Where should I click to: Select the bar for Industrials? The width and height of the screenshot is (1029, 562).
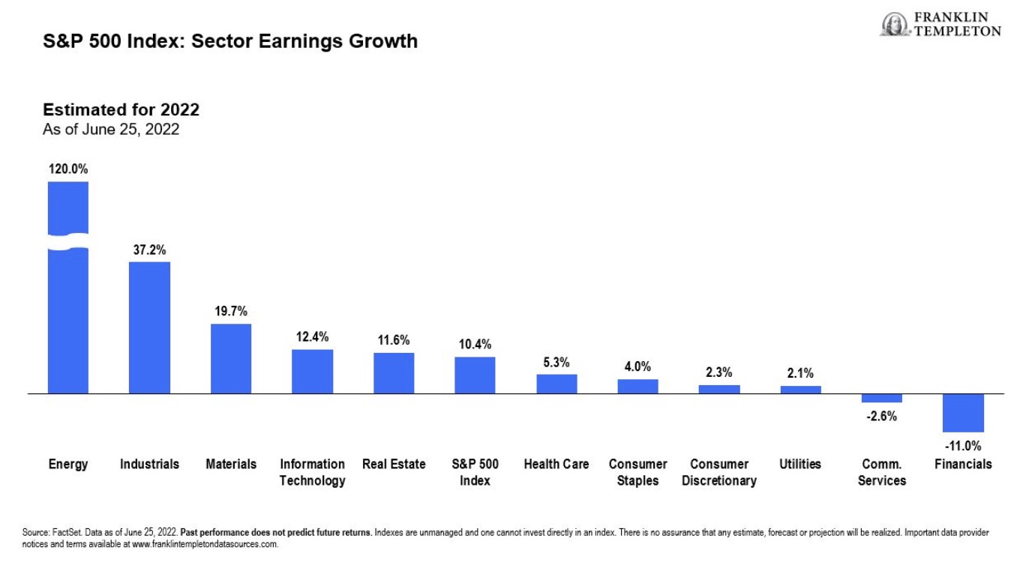[x=149, y=327]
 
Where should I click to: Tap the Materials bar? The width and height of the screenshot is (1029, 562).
[x=231, y=358]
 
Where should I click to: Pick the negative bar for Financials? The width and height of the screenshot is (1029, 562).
[x=963, y=413]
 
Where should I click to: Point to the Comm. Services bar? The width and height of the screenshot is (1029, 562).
[x=881, y=398]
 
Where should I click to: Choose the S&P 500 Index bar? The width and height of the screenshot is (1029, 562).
[x=475, y=375]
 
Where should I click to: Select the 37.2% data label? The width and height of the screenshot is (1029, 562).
[x=149, y=250]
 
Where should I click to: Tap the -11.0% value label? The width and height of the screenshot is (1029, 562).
[x=963, y=445]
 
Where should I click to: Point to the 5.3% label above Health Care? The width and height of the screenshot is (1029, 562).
[x=556, y=363]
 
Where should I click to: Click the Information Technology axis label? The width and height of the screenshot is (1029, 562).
[x=312, y=472]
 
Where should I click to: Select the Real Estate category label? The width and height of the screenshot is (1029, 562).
[x=394, y=465]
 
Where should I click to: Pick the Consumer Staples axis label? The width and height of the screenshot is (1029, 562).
[x=637, y=472]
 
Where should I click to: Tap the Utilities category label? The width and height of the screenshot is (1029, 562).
[x=800, y=465]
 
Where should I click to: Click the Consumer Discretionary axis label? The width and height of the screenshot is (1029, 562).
[x=719, y=472]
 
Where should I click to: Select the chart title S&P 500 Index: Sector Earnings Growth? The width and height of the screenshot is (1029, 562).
[x=230, y=41]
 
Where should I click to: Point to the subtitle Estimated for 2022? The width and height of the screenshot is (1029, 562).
[x=121, y=110]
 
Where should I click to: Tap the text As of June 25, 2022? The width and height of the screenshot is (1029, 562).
[x=111, y=129]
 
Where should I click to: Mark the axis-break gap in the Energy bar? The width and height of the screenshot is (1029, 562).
[x=68, y=242]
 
